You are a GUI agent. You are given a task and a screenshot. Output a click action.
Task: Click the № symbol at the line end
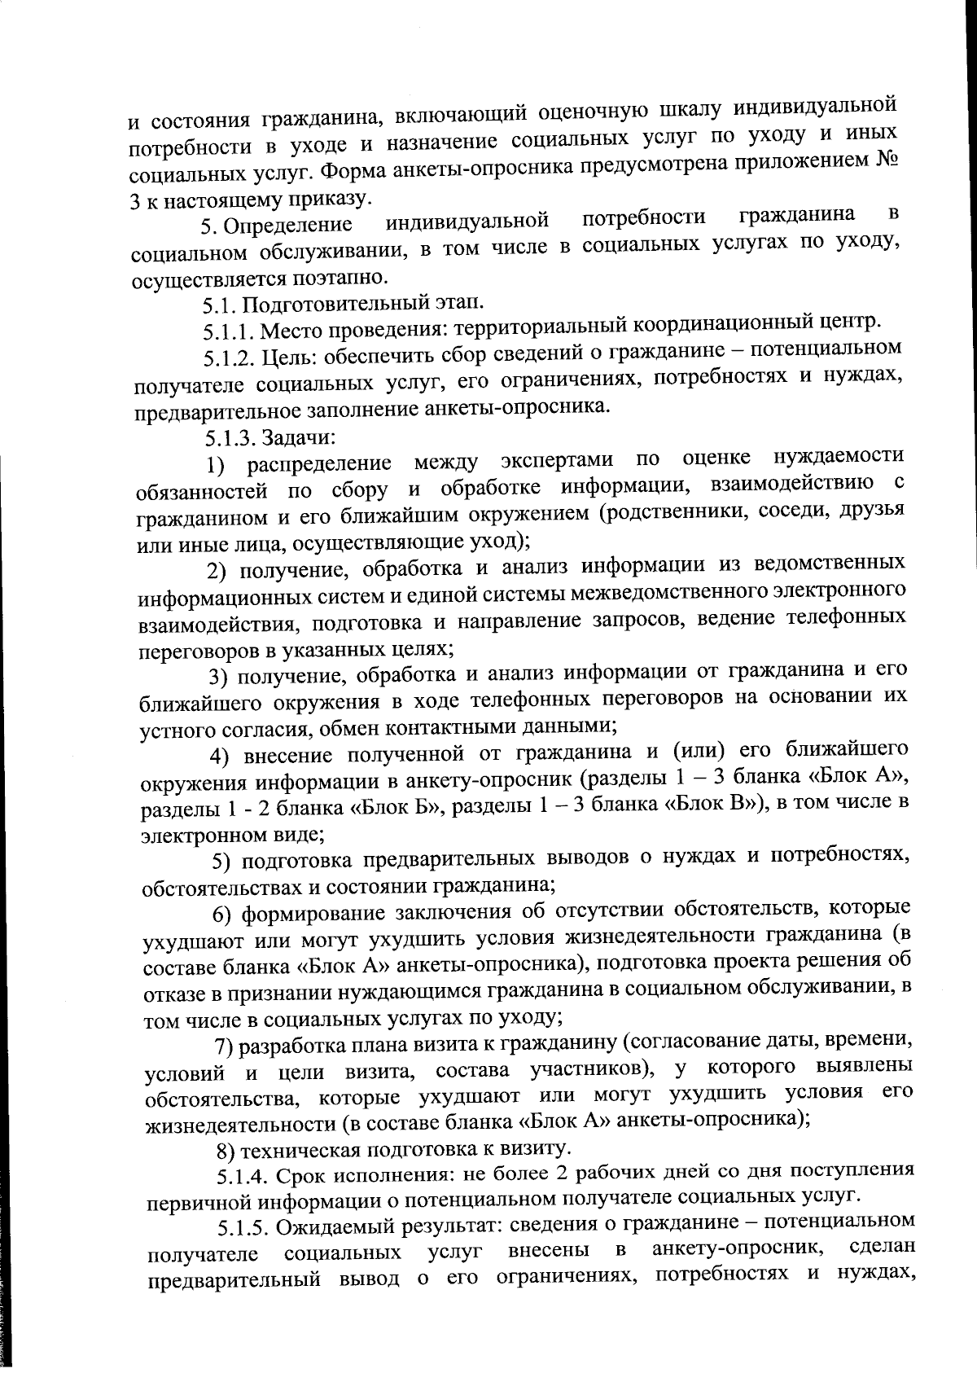point(887,159)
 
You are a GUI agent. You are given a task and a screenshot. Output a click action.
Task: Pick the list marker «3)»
point(218,676)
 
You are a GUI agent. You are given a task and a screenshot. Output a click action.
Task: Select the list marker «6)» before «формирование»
point(224,913)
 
